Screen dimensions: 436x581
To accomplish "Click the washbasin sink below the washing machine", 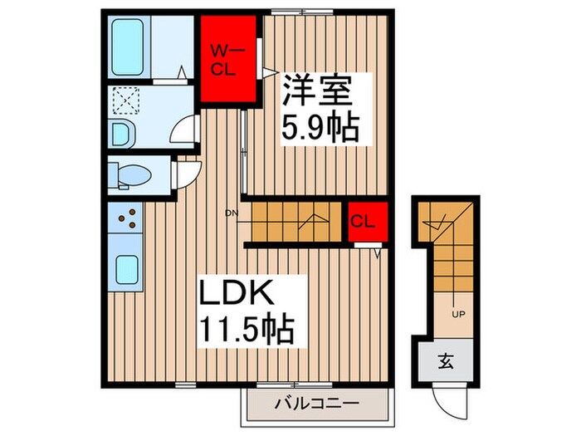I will coord(122,133).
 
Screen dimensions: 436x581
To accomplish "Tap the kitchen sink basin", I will coord(127,270).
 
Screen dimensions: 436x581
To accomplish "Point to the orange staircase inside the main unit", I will coord(294,222).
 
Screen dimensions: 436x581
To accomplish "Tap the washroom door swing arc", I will coord(184,131).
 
